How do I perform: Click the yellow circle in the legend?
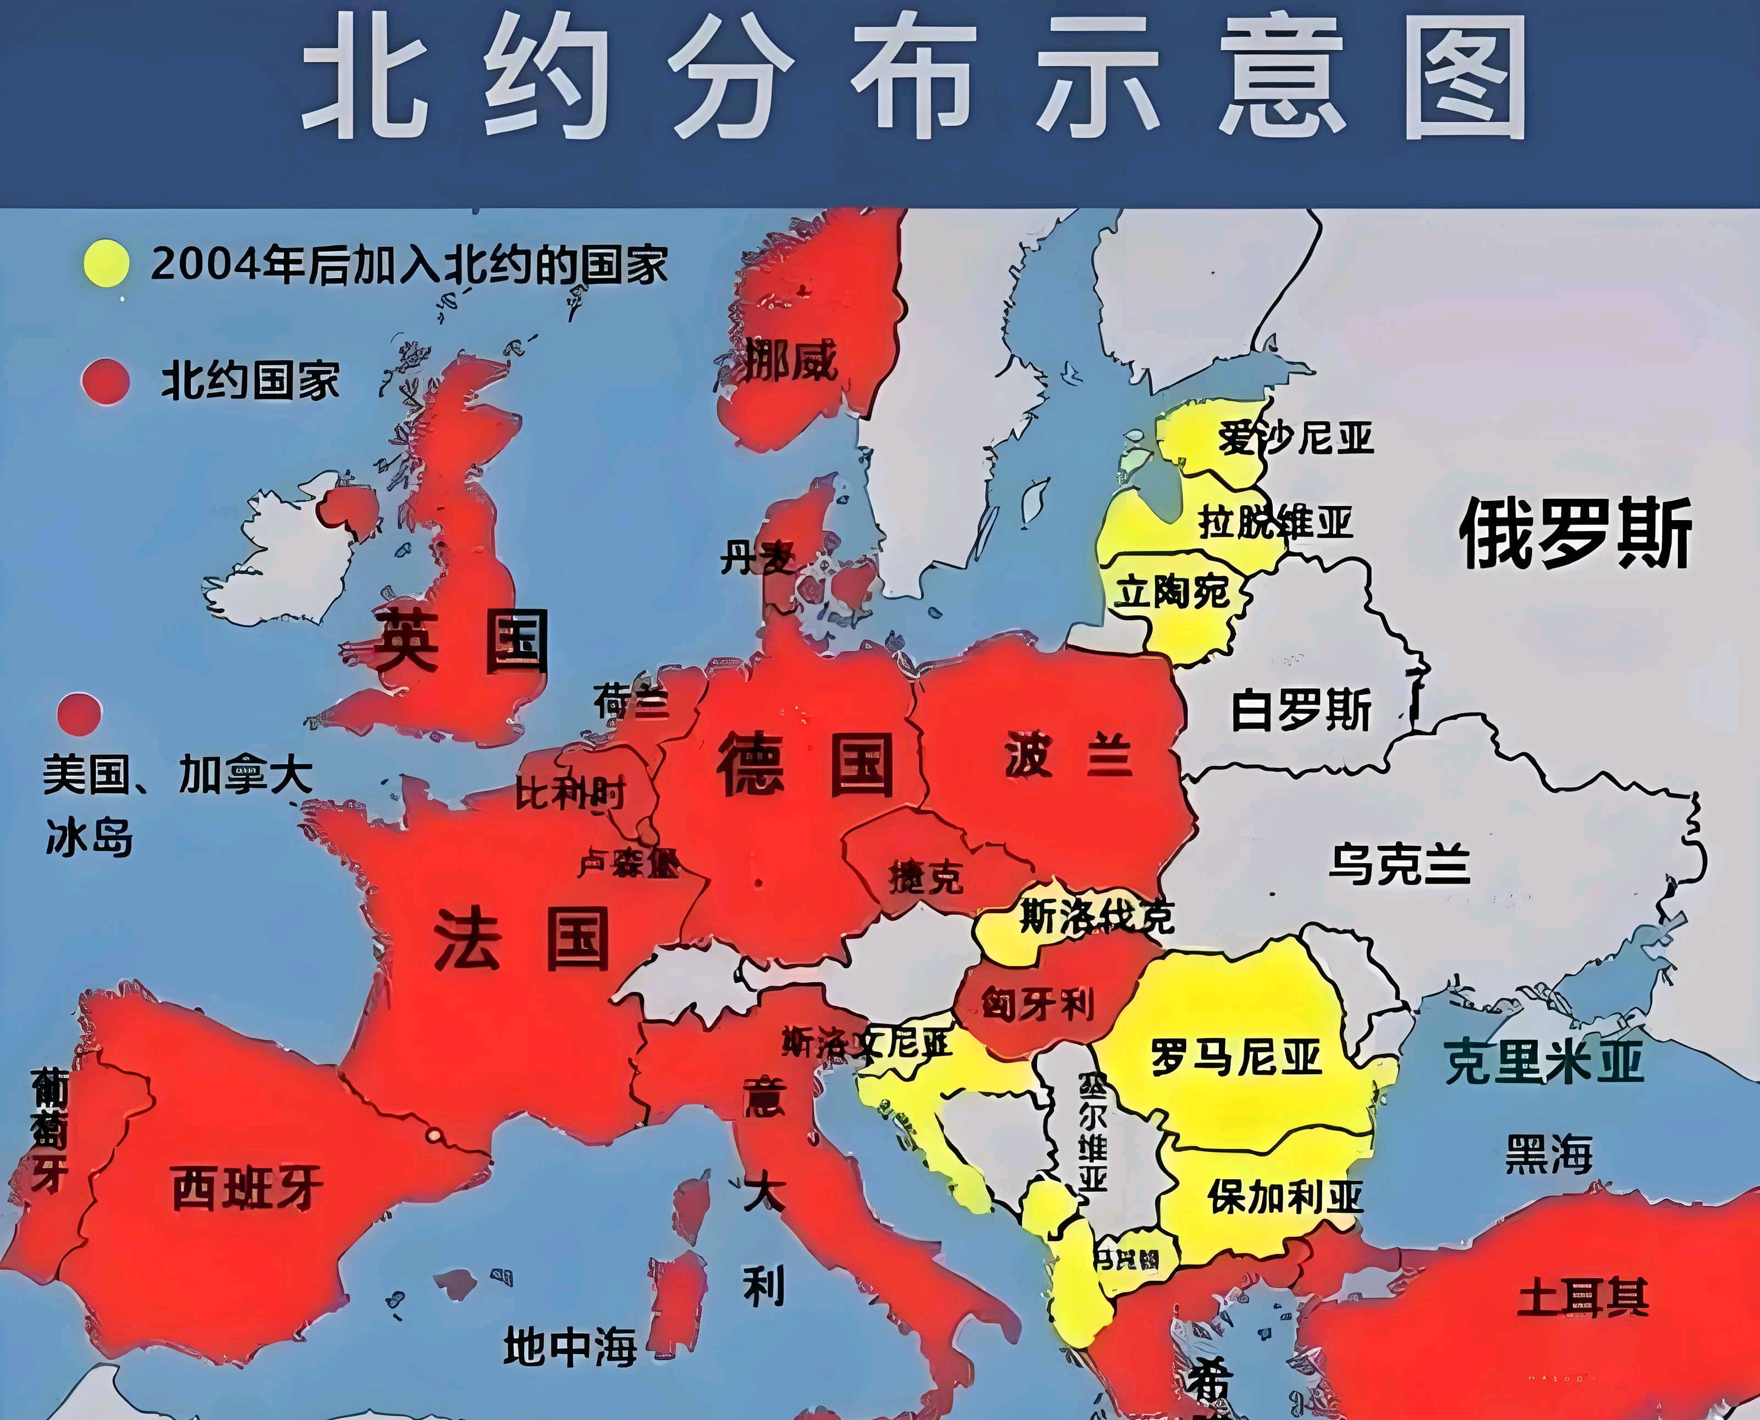[106, 263]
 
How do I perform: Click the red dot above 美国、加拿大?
[79, 714]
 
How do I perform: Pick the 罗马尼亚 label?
[1235, 1058]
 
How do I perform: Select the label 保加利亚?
[1285, 1197]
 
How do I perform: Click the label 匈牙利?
[1037, 1004]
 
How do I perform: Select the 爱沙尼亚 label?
[1295, 439]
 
